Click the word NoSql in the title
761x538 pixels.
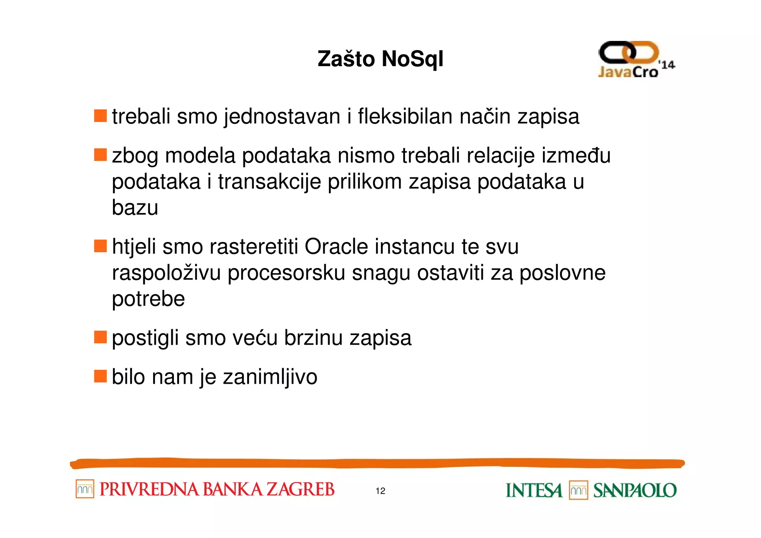pyautogui.click(x=412, y=59)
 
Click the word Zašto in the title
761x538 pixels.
pyautogui.click(x=346, y=59)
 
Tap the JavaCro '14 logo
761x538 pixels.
pyautogui.click(x=636, y=59)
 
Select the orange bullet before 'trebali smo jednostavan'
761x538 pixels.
pyautogui.click(x=100, y=116)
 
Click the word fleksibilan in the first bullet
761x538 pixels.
pyautogui.click(x=405, y=116)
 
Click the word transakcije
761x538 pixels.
pyautogui.click(x=269, y=181)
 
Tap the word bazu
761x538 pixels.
pyautogui.click(x=135, y=207)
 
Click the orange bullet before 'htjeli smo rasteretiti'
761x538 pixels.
pyautogui.click(x=100, y=246)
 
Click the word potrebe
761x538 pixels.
pyautogui.click(x=148, y=299)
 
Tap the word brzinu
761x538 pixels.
pyautogui.click(x=313, y=338)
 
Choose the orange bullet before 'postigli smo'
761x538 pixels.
pyautogui.click(x=100, y=337)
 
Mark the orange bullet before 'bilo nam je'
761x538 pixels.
pyautogui.click(x=100, y=376)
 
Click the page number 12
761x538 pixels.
pyautogui.click(x=380, y=491)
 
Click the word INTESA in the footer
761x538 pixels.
pyautogui.click(x=534, y=490)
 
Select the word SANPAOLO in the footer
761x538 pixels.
pyautogui.click(x=635, y=490)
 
